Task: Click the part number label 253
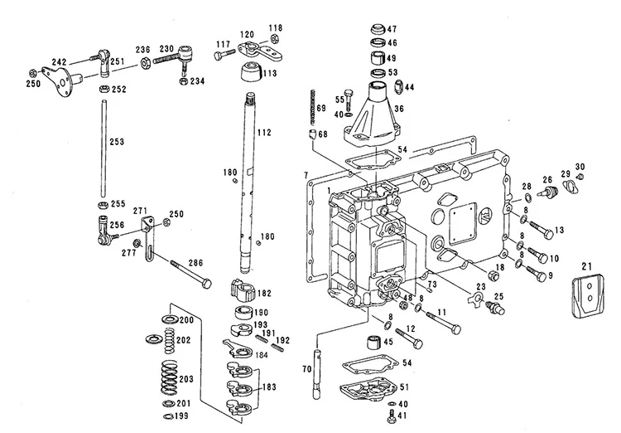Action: [117, 142]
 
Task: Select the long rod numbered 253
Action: [103, 148]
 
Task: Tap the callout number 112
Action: [264, 132]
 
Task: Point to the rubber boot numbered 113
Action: [251, 71]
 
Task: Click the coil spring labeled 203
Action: [169, 377]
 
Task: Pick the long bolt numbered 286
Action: [191, 274]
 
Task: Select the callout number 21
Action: [586, 267]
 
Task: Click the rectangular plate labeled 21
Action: [588, 296]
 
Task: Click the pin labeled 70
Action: [318, 373]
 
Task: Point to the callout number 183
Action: [269, 387]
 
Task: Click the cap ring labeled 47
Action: [378, 30]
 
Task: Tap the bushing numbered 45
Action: [374, 342]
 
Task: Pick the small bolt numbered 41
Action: [392, 419]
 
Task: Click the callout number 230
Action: [166, 49]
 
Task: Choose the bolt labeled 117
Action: [224, 55]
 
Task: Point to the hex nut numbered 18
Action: [493, 275]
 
